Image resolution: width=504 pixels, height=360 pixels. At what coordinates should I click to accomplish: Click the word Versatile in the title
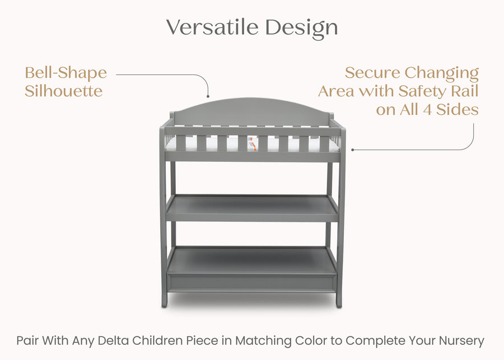point(213,27)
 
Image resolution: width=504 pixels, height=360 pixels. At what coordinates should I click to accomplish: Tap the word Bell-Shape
point(66,73)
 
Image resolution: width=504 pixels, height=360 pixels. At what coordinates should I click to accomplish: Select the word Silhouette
point(64,91)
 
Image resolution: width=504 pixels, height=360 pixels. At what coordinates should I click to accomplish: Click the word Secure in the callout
point(372,73)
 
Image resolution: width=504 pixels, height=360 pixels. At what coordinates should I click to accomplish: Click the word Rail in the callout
point(464,91)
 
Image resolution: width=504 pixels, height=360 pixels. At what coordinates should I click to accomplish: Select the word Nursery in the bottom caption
point(461,340)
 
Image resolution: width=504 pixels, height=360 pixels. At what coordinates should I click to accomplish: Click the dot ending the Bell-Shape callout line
point(208,96)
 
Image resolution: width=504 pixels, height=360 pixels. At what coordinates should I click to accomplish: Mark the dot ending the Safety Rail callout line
point(352,149)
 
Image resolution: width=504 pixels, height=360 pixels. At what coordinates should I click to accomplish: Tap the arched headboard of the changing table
point(252,109)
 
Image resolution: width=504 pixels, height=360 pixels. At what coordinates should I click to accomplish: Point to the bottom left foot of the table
point(165,302)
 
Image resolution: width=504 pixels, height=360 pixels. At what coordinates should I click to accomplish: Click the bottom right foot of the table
point(339,302)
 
